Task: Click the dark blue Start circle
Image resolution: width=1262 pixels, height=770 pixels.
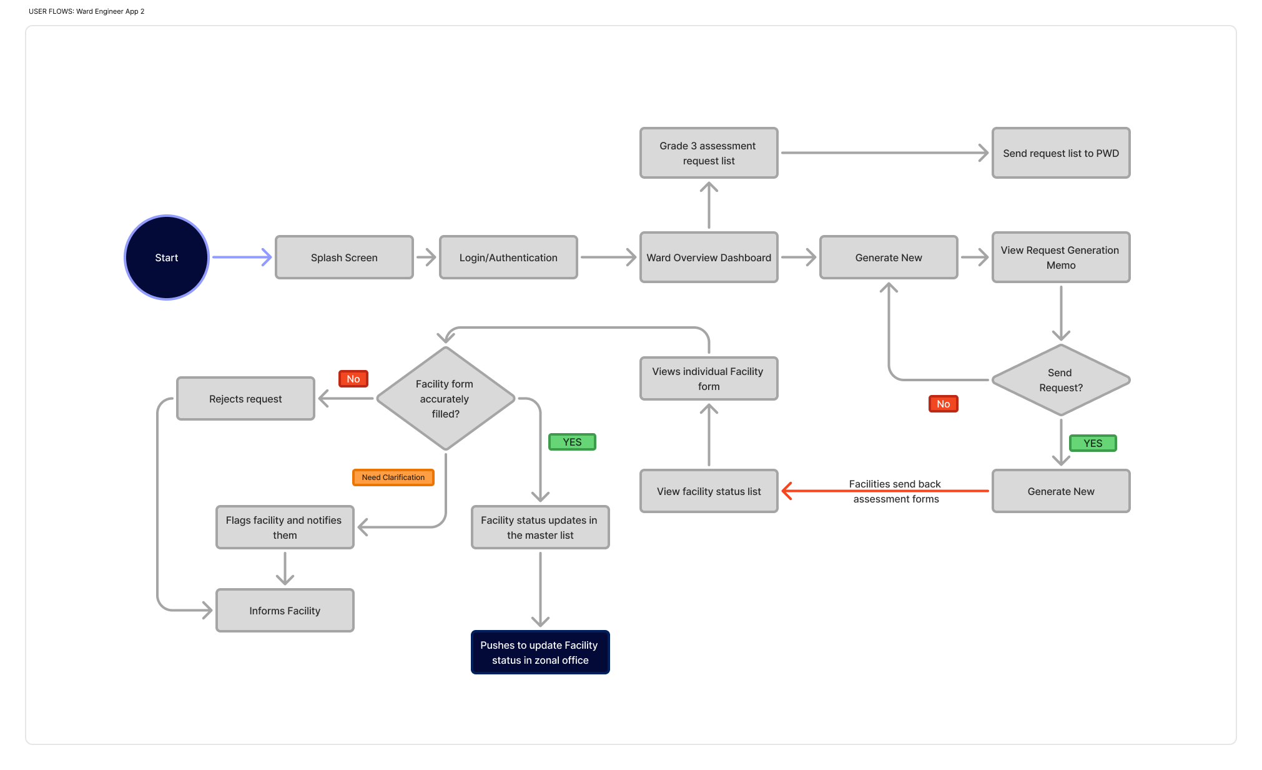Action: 166,257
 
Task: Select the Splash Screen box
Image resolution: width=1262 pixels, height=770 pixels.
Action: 344,257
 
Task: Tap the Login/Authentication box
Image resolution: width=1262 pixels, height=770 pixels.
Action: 508,257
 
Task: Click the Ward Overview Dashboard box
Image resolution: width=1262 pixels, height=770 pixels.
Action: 709,257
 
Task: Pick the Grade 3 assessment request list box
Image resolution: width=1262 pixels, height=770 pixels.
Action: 709,153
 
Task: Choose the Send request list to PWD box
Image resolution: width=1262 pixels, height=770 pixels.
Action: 1060,153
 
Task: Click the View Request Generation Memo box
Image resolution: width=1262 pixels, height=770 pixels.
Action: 1060,257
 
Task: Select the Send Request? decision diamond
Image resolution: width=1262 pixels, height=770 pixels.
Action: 1060,380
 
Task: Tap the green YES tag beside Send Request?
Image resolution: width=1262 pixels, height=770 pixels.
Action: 1093,443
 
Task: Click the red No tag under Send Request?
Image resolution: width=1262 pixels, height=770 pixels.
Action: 943,404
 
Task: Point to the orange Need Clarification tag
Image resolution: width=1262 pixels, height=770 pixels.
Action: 393,477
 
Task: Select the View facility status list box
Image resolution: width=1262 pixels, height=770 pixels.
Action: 709,491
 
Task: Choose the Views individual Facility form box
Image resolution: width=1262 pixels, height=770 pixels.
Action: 709,379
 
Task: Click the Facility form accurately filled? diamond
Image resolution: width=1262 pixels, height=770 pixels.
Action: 445,399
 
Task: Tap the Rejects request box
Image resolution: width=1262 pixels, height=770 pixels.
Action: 245,399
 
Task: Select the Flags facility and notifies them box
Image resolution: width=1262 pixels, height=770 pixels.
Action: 285,527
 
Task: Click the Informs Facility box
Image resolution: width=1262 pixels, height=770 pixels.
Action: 285,611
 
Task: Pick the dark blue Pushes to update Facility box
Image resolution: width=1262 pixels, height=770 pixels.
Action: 540,652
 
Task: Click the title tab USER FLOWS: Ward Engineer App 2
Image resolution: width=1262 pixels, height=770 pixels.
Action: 87,11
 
